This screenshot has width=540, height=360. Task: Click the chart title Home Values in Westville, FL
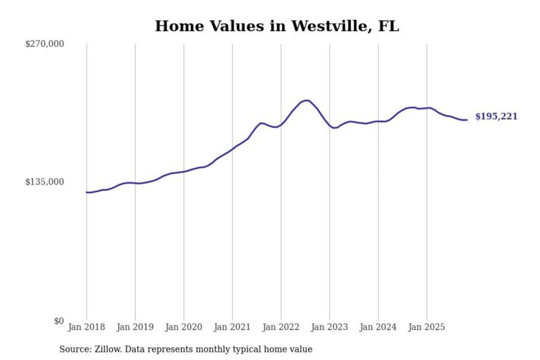pos(277,26)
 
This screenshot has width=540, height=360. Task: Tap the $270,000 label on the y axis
pos(45,44)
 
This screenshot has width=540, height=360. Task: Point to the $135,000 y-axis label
pos(45,182)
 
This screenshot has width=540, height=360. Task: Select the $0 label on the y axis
pos(59,321)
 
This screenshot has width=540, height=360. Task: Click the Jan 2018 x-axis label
pos(87,327)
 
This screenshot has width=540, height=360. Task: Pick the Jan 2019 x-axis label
pos(135,327)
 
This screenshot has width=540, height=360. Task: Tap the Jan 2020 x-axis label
pos(184,327)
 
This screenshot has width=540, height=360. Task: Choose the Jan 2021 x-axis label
pos(232,327)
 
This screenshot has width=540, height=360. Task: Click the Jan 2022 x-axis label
pos(281,327)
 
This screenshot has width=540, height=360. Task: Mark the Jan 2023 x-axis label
pos(330,327)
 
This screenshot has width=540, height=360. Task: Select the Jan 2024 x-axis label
pos(378,327)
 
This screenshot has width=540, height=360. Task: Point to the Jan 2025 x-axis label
pos(427,327)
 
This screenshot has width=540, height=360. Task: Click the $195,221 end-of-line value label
pos(496,117)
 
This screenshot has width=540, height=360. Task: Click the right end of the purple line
pos(467,120)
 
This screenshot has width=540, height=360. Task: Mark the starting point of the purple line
pos(87,192)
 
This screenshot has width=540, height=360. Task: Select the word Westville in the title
pos(330,26)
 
